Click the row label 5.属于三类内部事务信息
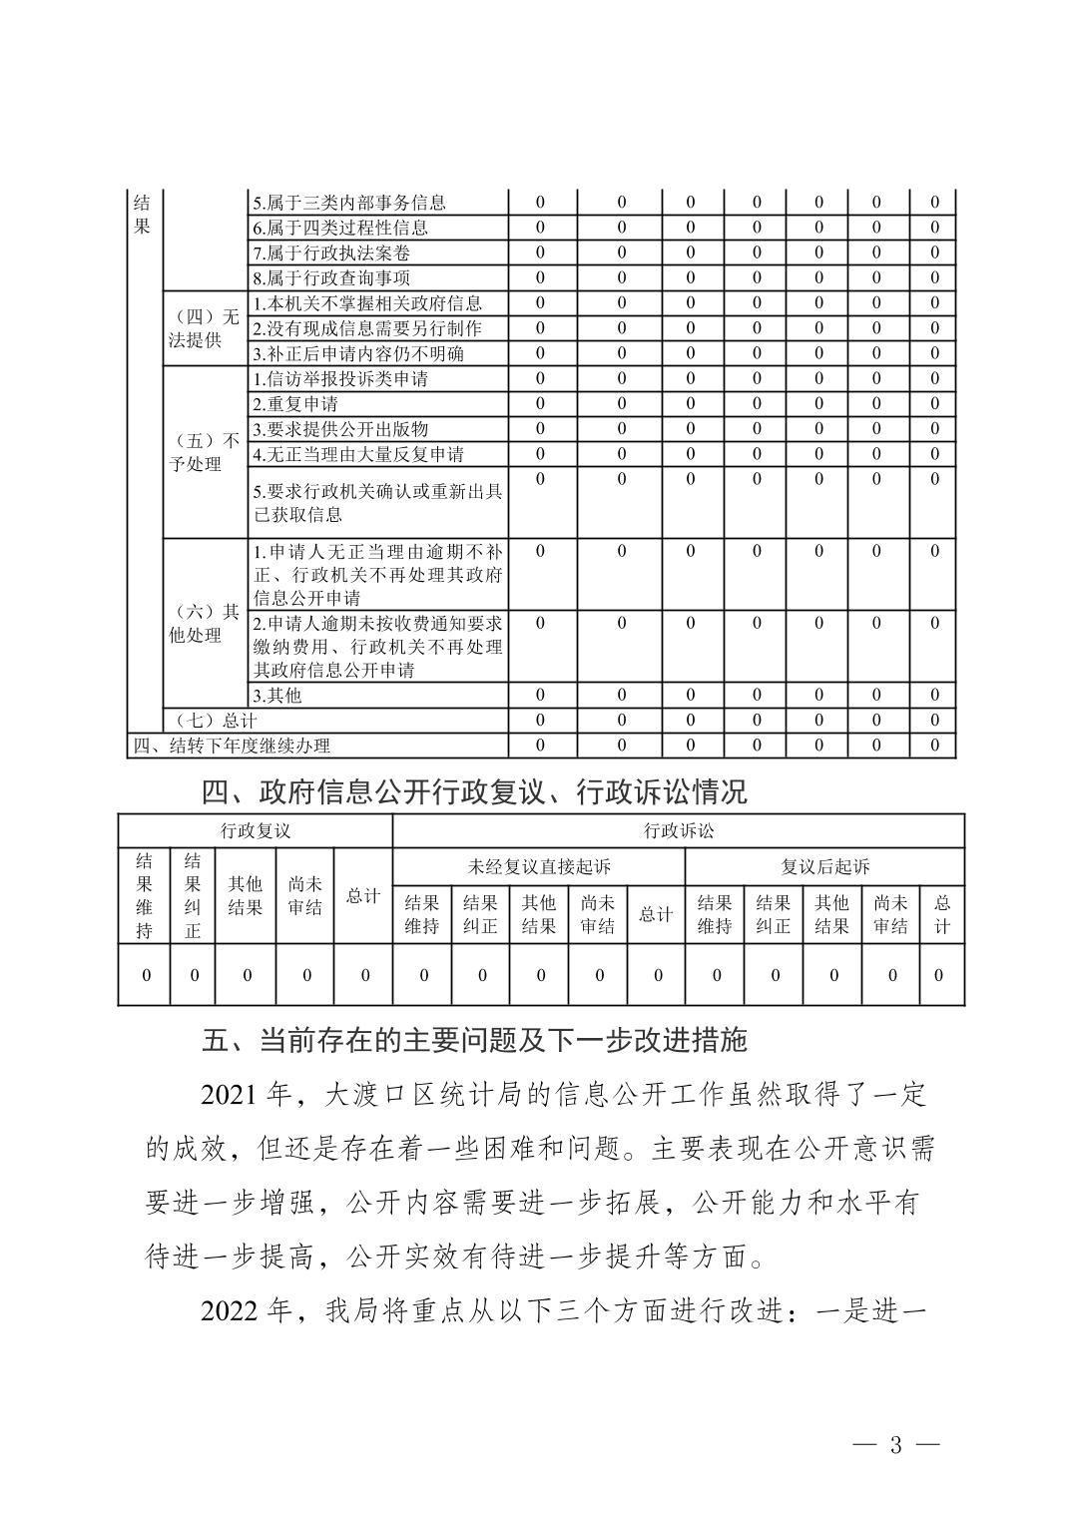[348, 203]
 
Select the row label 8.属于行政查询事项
[330, 278]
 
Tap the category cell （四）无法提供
[204, 328]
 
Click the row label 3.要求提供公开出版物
[339, 429]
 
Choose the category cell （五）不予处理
[204, 452]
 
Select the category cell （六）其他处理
[204, 624]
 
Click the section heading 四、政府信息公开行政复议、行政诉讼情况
[474, 792]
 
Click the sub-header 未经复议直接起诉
[539, 866]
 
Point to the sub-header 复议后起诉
[824, 866]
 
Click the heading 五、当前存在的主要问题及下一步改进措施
[474, 1041]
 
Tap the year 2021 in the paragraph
[231, 1096]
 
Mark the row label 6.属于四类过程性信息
[339, 228]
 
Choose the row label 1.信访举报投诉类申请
[339, 379]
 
